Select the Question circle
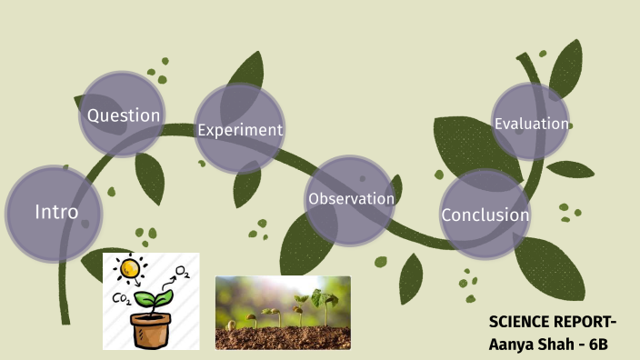(123, 115)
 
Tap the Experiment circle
(240, 129)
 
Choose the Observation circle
(350, 199)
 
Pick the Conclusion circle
(485, 215)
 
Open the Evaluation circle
(531, 124)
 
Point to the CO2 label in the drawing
(121, 298)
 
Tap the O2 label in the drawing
(183, 272)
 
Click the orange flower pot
(151, 329)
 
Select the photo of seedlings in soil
(283, 313)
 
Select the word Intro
(56, 213)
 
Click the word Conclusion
(485, 215)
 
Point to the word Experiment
(240, 130)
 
